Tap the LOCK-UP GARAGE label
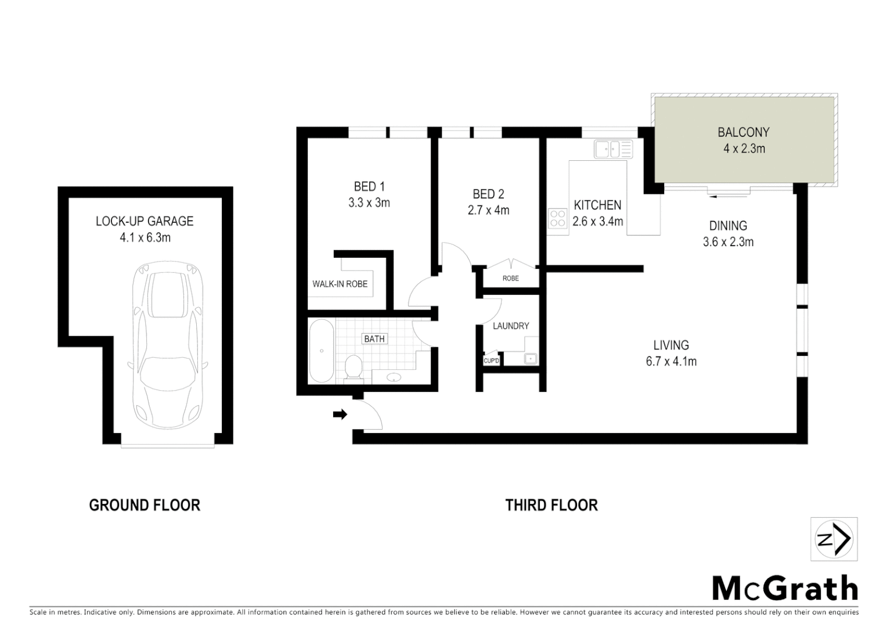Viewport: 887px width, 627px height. click(x=145, y=221)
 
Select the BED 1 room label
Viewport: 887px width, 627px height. click(x=369, y=186)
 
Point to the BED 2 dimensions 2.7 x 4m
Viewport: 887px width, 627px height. click(x=488, y=210)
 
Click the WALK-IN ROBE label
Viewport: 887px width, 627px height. click(x=340, y=284)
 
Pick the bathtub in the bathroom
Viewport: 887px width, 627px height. click(x=320, y=351)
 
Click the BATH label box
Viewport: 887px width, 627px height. click(x=374, y=338)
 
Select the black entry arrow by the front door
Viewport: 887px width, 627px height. click(x=340, y=414)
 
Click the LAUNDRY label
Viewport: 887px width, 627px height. click(x=511, y=326)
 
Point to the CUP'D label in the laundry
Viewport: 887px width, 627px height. click(x=491, y=361)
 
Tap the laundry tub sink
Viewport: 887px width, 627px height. click(x=531, y=359)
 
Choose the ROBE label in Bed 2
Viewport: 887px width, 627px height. click(x=511, y=278)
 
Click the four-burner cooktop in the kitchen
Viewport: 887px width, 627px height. click(x=557, y=218)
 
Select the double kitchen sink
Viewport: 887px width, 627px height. click(x=613, y=149)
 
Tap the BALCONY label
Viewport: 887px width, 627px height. click(x=743, y=132)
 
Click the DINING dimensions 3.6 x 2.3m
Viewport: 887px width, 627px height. click(x=728, y=242)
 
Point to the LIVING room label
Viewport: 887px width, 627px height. click(x=671, y=345)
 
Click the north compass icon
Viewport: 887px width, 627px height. click(x=834, y=539)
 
